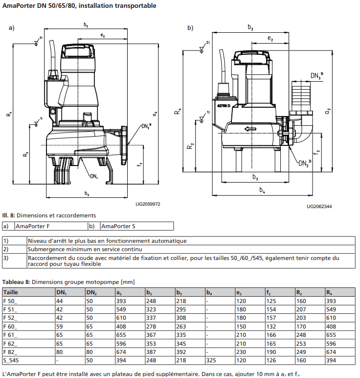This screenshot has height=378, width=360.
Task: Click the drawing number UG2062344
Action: (319, 207)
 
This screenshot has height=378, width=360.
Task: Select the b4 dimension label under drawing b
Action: (262, 189)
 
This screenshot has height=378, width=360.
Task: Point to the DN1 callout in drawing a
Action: (94, 176)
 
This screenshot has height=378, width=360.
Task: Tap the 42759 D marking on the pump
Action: (224, 106)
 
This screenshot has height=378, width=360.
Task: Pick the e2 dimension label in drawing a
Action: (102, 35)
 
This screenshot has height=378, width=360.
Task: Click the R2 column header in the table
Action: (300, 292)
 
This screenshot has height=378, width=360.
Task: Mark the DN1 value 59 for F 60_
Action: (60, 327)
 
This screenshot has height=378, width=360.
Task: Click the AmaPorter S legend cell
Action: (117, 226)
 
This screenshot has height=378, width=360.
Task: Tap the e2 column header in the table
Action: (239, 292)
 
